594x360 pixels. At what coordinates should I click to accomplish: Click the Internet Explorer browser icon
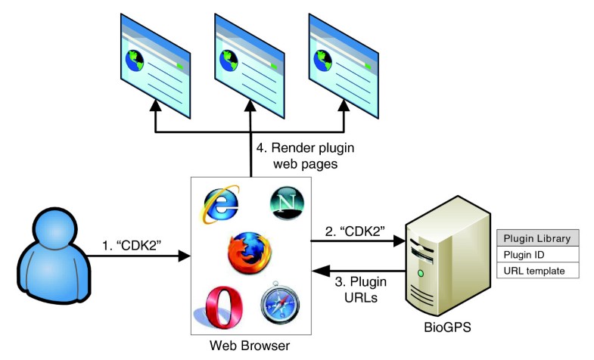point(221,202)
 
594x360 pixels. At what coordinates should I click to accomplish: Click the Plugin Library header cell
point(537,238)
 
